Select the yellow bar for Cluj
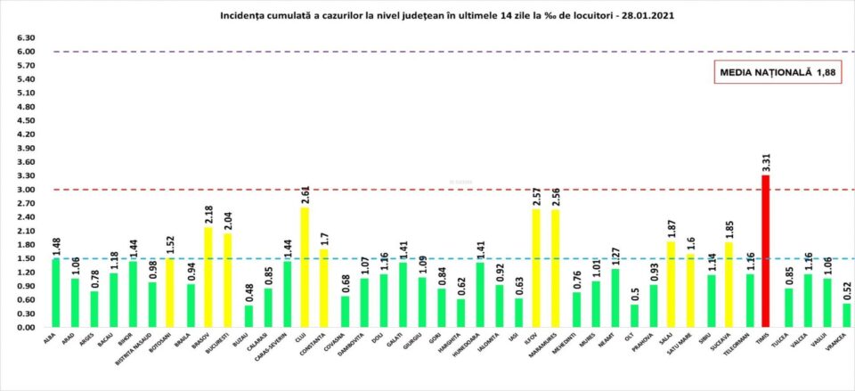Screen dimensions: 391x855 pos(305,267)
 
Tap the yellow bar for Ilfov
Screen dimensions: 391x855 pos(536,268)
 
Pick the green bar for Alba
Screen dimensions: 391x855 pos(57,293)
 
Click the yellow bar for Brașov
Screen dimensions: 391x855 pos(209,277)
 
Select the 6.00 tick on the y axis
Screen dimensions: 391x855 pos(25,52)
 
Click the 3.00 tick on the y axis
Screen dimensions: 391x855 pos(25,190)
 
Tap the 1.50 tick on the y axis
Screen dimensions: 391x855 pos(25,258)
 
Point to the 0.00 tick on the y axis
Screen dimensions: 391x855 pos(25,327)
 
